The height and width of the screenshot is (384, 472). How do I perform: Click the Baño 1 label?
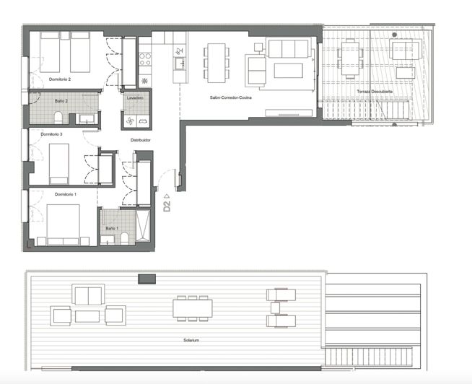111,228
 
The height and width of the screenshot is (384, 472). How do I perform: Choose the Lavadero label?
135,97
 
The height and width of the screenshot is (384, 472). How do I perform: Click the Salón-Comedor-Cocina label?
230,97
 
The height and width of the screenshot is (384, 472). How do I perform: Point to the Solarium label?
190,339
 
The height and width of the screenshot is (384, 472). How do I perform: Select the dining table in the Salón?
216,61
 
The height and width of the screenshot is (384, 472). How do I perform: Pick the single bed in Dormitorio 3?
58,162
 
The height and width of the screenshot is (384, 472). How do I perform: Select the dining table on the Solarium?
193,308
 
